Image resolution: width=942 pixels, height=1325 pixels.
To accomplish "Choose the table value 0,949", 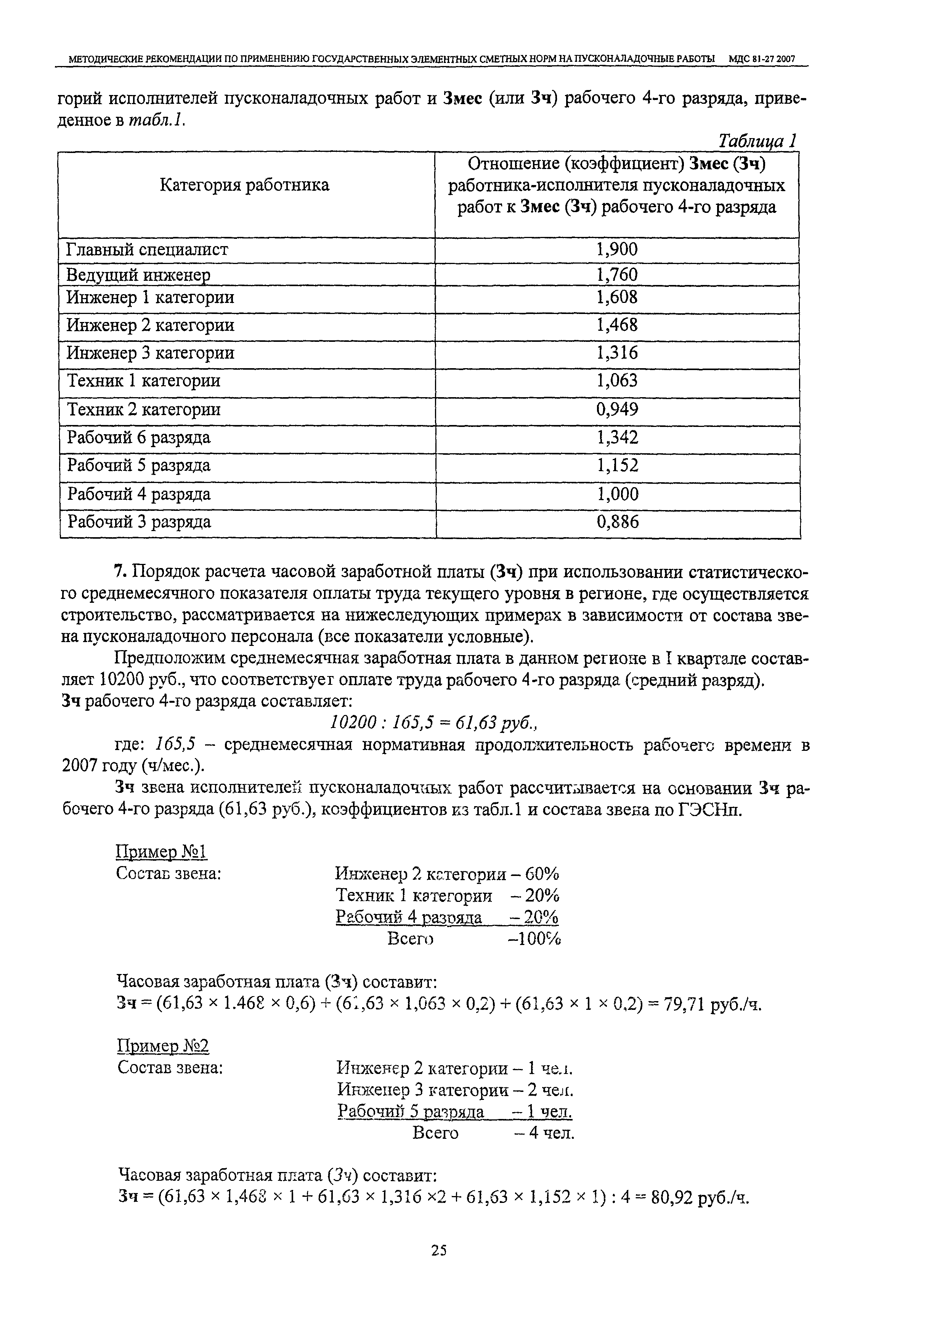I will [x=617, y=410].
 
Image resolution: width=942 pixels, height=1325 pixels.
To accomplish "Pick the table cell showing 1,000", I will [x=617, y=494].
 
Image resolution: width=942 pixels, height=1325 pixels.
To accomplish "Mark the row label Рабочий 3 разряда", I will [x=139, y=522].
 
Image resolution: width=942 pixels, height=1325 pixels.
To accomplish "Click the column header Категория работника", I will [x=244, y=185].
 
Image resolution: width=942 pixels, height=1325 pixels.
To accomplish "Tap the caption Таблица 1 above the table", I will [x=757, y=141].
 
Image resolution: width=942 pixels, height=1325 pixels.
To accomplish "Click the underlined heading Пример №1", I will [x=162, y=852].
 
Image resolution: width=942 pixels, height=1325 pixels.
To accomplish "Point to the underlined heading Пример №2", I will [x=163, y=1046].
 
